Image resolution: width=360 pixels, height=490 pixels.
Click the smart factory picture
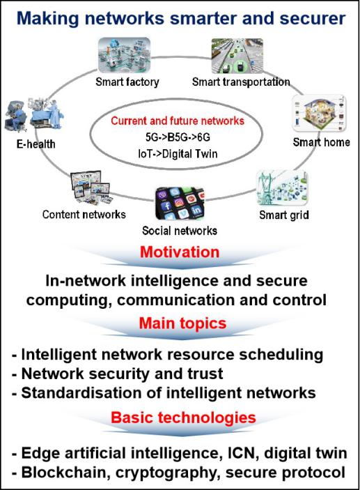[124, 55]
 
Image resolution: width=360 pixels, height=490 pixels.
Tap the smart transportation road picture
[237, 56]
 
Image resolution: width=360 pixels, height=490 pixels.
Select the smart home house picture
[320, 113]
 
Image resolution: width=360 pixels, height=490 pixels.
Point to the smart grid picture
[282, 187]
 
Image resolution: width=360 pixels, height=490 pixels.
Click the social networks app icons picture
[180, 204]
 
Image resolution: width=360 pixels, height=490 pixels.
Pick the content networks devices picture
[91, 187]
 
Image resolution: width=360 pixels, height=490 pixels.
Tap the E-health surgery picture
[34, 114]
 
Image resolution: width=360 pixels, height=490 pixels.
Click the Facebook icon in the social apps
[167, 206]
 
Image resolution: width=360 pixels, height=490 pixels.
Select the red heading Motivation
[180, 252]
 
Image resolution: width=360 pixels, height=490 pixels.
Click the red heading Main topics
[182, 323]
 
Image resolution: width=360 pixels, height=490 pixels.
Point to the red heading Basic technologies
[183, 418]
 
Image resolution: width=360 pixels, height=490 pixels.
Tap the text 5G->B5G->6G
[178, 137]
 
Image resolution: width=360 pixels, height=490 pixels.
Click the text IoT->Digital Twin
[178, 154]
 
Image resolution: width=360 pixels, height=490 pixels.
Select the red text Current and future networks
[178, 121]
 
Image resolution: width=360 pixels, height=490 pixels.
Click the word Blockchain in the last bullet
[66, 472]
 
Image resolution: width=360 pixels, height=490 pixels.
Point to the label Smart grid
[284, 215]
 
